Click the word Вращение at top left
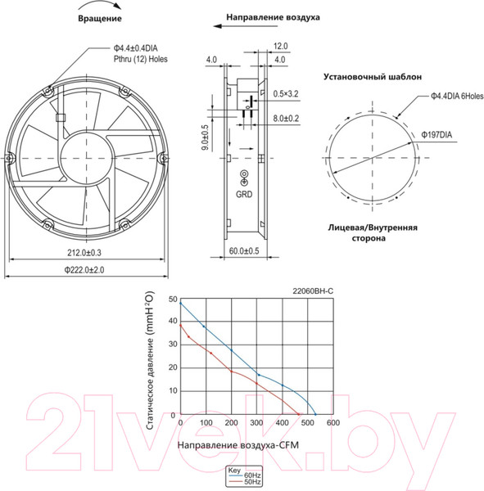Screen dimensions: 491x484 click(x=100, y=17)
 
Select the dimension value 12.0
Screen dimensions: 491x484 click(x=280, y=47)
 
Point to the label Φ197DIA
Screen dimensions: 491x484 click(x=438, y=134)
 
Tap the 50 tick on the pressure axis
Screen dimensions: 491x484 click(x=173, y=300)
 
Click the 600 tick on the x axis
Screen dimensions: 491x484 click(x=332, y=423)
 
